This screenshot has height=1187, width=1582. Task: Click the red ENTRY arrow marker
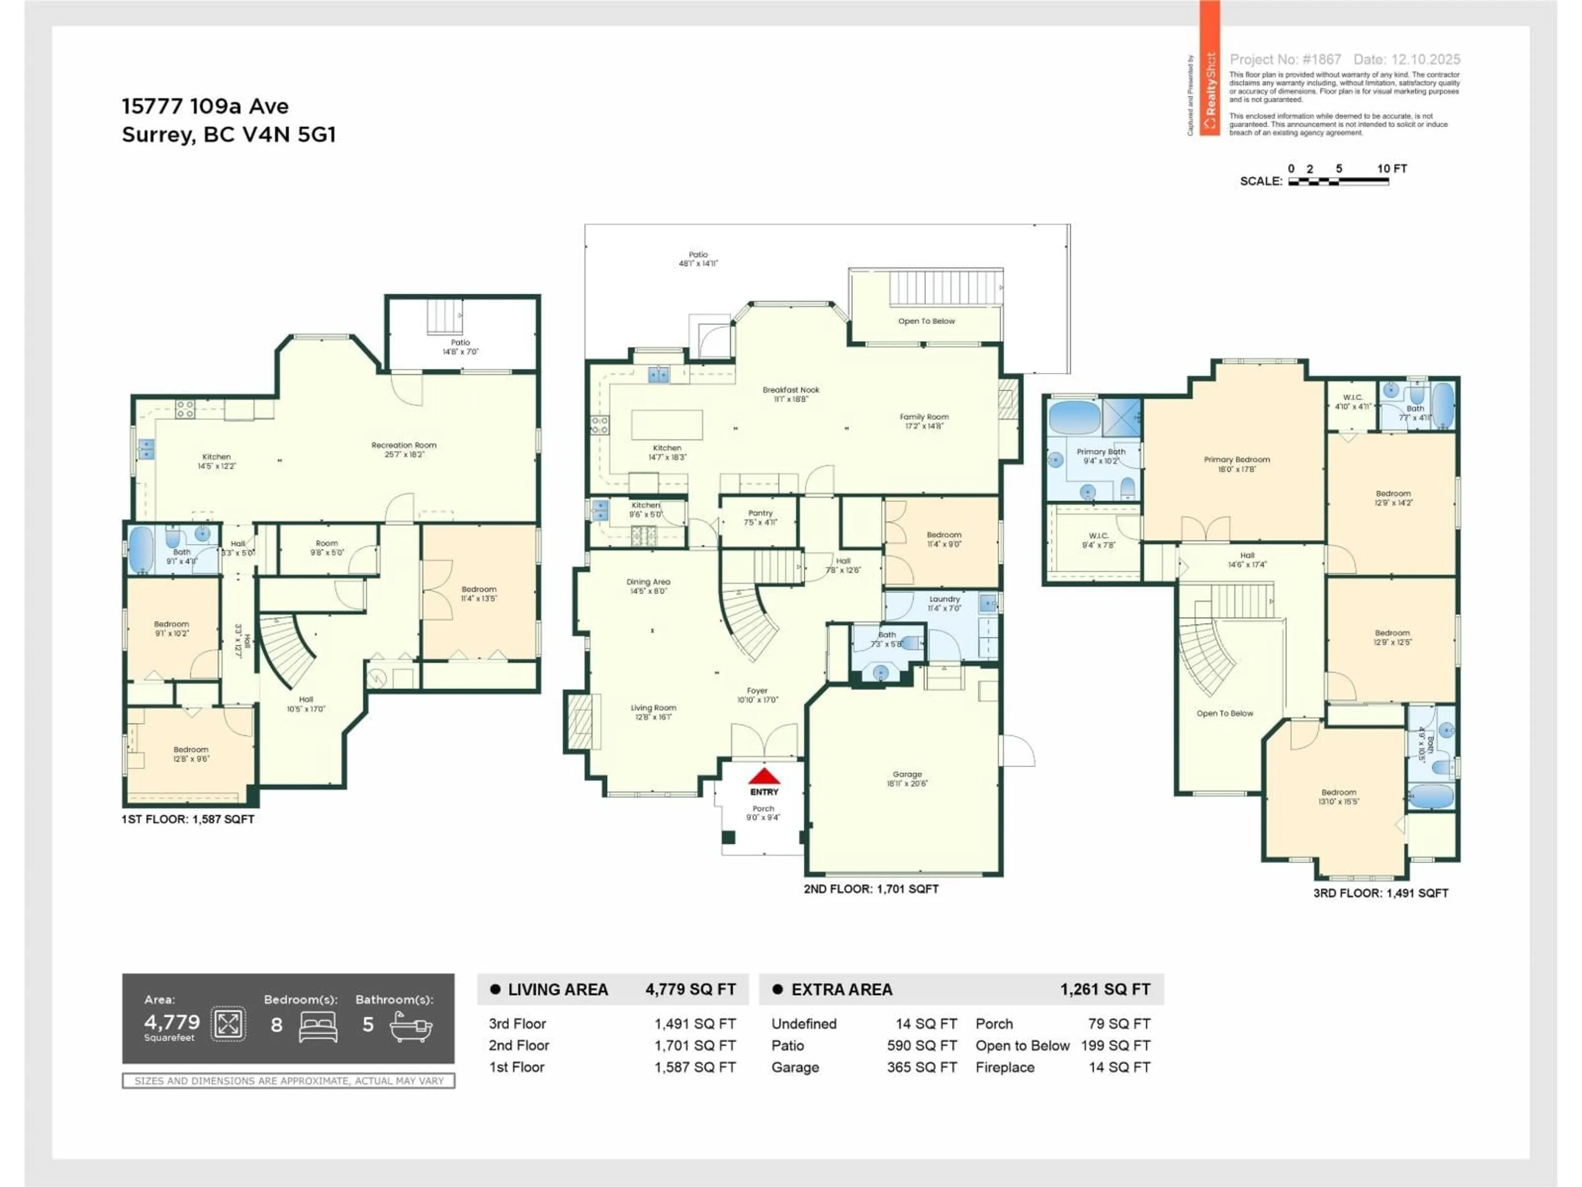click(764, 776)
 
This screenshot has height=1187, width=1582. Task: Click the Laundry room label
click(944, 603)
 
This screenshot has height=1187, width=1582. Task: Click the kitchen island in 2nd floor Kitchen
click(667, 424)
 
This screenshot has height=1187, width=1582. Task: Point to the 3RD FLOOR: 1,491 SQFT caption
click(1380, 893)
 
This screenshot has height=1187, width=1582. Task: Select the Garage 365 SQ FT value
click(921, 1067)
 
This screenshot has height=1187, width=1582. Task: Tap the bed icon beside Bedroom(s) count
click(318, 1026)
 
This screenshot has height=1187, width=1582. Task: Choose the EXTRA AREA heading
click(841, 990)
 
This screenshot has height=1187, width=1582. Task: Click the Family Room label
click(924, 421)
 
